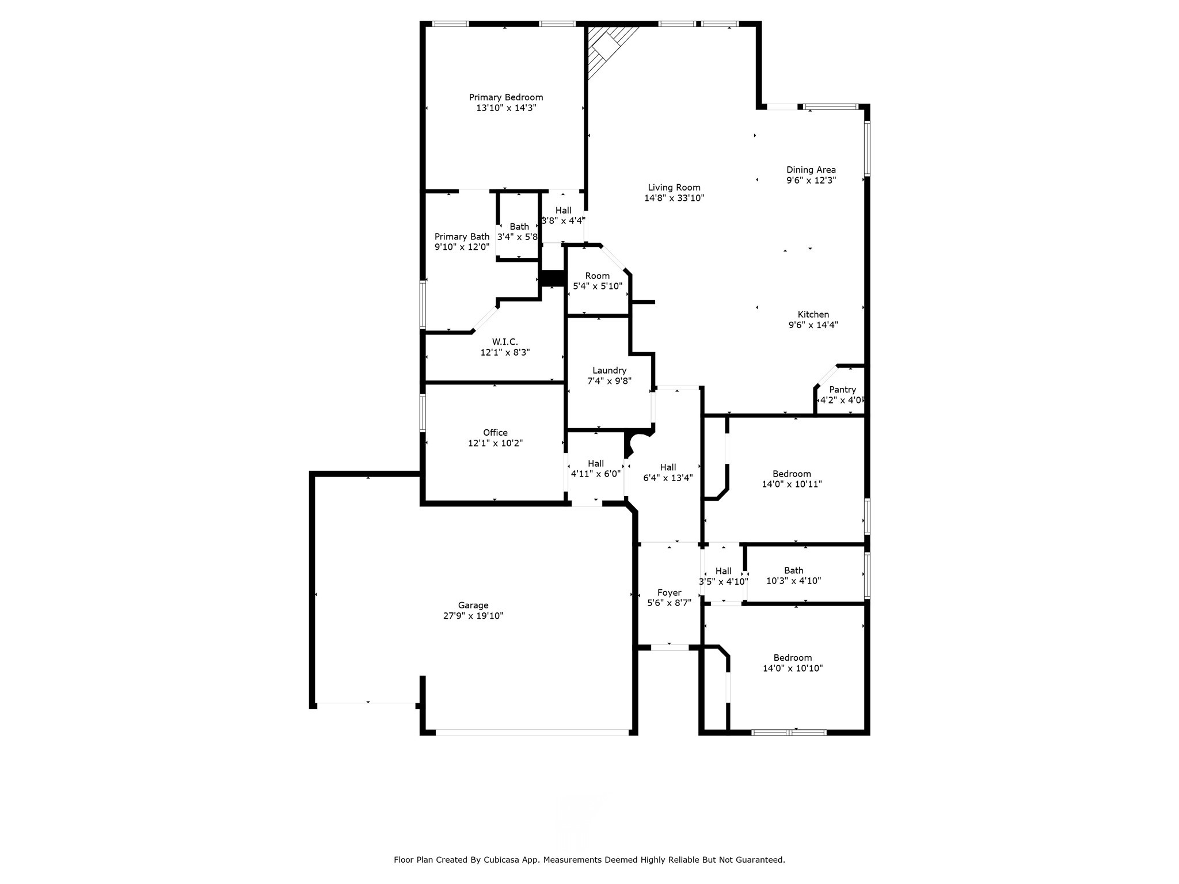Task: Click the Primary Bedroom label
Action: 505,97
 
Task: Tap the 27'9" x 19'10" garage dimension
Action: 473,616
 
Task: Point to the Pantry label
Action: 842,390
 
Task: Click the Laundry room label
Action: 609,371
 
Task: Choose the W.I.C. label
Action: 505,342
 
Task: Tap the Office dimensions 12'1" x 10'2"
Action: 495,443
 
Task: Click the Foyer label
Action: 669,593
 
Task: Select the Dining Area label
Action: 811,170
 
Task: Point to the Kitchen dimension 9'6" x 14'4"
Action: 813,325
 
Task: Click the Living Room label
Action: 674,188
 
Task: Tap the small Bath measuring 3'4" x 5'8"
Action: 519,227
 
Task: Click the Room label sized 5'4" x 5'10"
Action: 597,276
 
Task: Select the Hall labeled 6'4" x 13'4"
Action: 668,467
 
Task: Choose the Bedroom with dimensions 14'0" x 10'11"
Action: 792,474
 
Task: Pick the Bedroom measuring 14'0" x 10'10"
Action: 792,658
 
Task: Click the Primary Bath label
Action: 462,237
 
